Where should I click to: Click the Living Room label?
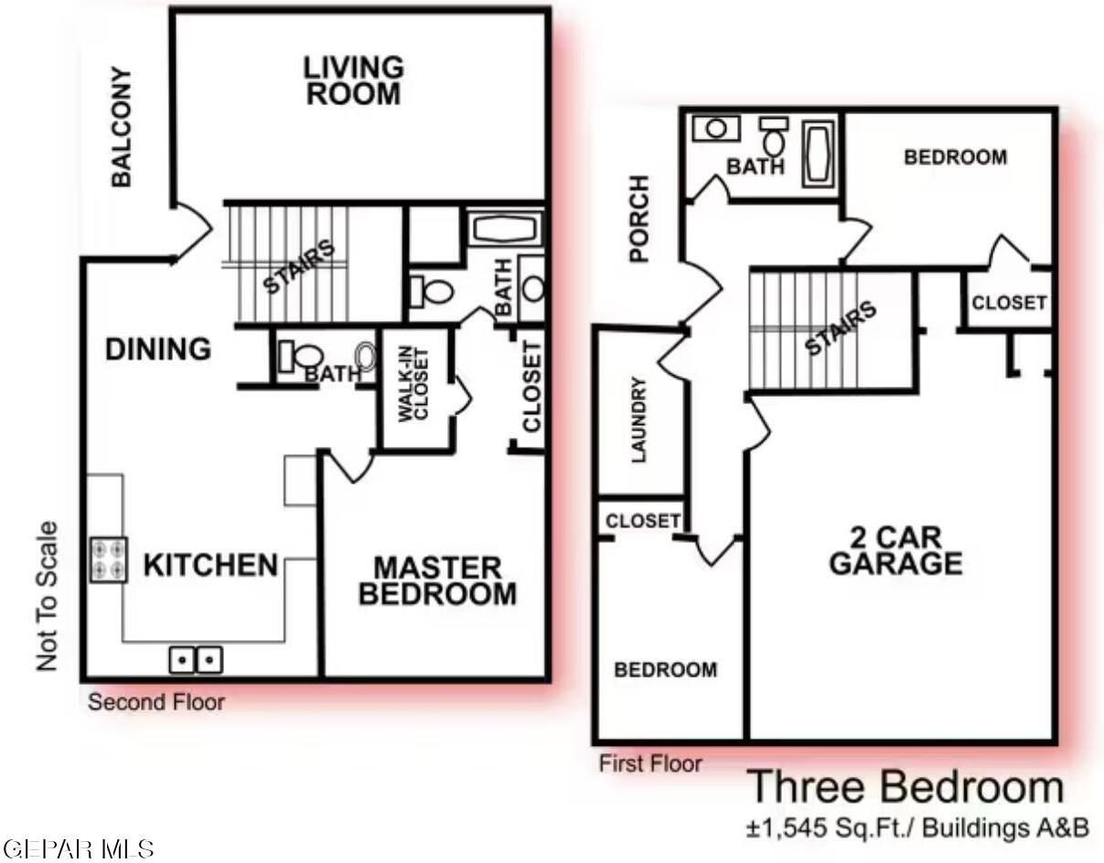pos(354,81)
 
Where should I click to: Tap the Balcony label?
pos(122,127)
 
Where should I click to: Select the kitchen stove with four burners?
pos(109,559)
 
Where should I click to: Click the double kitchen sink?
pos(196,660)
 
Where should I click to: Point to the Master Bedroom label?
pos(437,581)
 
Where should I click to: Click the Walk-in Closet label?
pos(413,384)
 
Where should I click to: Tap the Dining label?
pos(158,349)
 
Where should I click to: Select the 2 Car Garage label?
pos(895,550)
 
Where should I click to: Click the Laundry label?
pos(638,420)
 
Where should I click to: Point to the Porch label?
pos(639,218)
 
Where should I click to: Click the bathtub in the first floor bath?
pos(818,154)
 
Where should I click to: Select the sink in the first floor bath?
pos(716,128)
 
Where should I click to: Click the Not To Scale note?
pos(47,596)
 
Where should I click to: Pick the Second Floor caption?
pos(156,703)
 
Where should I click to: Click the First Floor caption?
pos(650,763)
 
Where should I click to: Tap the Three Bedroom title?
pos(906,787)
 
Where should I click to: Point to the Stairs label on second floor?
pos(300,267)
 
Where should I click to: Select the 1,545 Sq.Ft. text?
pos(831,828)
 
